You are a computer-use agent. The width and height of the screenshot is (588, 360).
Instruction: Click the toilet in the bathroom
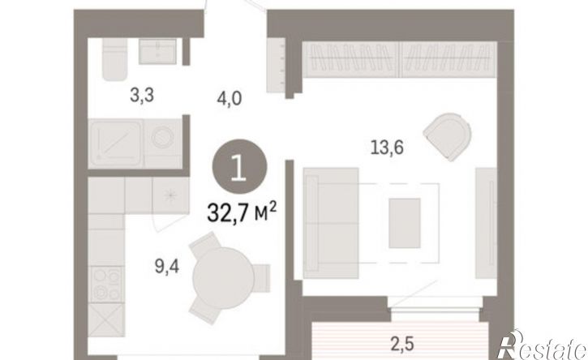pyautogui.click(x=114, y=59)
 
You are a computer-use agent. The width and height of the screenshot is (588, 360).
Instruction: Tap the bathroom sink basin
pyautogui.click(x=157, y=51)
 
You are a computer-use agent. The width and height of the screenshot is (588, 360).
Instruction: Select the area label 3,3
pyautogui.click(x=142, y=96)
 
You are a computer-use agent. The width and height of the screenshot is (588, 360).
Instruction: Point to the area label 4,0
pyautogui.click(x=230, y=100)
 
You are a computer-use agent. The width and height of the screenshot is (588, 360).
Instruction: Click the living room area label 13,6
pyautogui.click(x=387, y=148)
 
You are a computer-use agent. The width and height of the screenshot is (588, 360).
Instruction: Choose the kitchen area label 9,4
pyautogui.click(x=167, y=267)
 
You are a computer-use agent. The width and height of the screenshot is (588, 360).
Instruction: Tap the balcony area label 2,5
pyautogui.click(x=402, y=345)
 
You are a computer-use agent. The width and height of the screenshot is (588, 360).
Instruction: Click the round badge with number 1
pyautogui.click(x=239, y=166)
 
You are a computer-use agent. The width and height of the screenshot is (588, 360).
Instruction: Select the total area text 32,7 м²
pyautogui.click(x=242, y=213)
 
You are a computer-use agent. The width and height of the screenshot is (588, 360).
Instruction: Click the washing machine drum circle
pyautogui.click(x=163, y=137)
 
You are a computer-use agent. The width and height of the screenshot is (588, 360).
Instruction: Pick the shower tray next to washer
pyautogui.click(x=115, y=144)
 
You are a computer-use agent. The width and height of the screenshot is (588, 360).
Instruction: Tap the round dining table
pyautogui.click(x=224, y=278)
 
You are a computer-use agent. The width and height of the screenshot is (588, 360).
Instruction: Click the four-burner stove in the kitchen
pyautogui.click(x=106, y=285)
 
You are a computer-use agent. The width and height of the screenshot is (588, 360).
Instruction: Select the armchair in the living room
pyautogui.click(x=448, y=136)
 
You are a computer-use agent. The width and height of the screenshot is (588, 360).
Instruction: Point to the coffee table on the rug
pyautogui.click(x=405, y=223)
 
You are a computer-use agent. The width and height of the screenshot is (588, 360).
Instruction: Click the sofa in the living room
pyautogui.click(x=331, y=223)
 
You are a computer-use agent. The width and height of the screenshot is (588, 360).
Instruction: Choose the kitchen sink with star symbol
pyautogui.click(x=170, y=195)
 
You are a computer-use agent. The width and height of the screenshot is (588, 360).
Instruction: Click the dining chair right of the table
pyautogui.click(x=262, y=278)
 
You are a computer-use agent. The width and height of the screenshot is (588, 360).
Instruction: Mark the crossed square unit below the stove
pyautogui.click(x=106, y=320)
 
